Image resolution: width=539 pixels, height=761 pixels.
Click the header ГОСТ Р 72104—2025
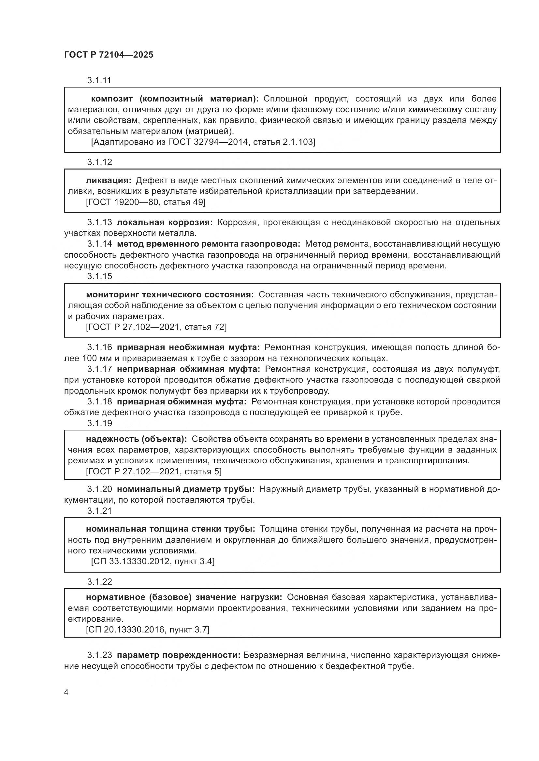[109, 55]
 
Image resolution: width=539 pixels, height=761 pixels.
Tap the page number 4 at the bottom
[66, 692]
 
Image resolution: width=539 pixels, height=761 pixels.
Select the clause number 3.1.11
[99, 81]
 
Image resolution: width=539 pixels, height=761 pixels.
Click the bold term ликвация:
[109, 181]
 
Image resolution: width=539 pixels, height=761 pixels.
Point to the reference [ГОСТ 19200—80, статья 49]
[146, 202]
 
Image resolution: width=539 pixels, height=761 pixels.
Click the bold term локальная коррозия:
[165, 223]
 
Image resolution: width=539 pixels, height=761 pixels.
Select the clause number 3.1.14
[100, 244]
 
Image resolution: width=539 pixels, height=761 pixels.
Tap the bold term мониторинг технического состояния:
[170, 295]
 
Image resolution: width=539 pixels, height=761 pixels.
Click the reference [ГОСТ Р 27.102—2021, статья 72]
[156, 327]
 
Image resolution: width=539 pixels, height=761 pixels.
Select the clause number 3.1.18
[100, 402]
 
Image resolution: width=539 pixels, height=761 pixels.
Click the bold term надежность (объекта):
[136, 439]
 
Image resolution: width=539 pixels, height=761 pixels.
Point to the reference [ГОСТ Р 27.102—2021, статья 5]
[154, 472]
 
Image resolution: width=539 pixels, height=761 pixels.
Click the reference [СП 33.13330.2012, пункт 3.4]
[153, 562]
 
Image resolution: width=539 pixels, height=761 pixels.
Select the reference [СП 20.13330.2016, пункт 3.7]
[148, 630]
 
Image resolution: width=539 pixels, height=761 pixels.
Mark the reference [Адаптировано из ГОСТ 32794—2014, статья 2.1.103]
[203, 142]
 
